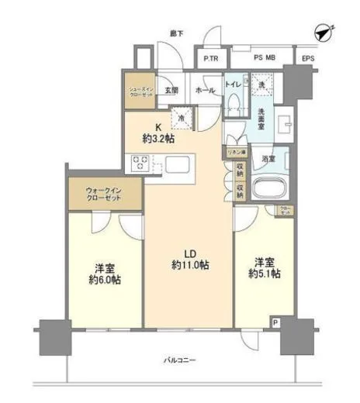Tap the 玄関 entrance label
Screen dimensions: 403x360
[172, 90]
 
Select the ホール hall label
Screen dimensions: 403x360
[205, 90]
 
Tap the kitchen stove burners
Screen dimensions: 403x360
[141, 163]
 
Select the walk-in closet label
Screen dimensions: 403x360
[103, 195]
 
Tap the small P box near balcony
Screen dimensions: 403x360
[274, 322]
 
